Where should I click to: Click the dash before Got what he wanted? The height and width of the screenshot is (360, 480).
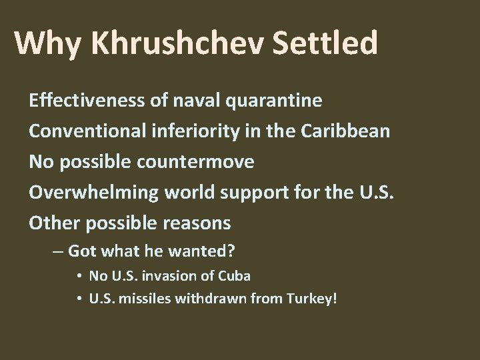tap(59, 251)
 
